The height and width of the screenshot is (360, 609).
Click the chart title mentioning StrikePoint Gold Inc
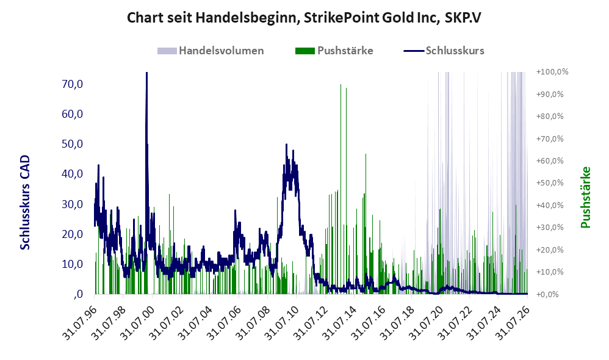coord(304,18)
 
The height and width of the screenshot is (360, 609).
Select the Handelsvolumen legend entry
coord(211,51)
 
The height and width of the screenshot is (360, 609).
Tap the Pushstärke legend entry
coord(334,51)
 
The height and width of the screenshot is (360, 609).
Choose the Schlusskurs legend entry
coord(444,51)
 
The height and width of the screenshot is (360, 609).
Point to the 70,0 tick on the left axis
coord(73,84)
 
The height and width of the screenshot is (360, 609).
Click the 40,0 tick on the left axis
coord(73,174)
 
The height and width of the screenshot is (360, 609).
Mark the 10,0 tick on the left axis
coord(73,264)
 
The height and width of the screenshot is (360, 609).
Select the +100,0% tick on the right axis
coord(552,72)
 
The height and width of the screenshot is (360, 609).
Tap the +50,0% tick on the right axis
coord(550,183)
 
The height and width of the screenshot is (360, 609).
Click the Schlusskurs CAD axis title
coord(25,203)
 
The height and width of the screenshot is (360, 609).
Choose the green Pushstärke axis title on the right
coord(585,197)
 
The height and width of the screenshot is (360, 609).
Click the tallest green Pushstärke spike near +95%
coord(341,189)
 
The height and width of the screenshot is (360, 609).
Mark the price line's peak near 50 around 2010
coord(286,145)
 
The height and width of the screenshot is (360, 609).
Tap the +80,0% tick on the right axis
coord(550,116)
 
